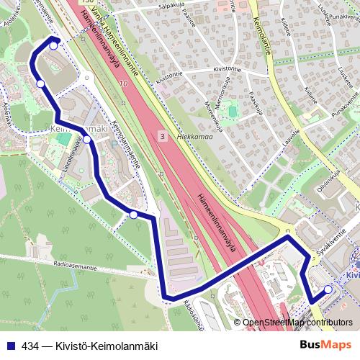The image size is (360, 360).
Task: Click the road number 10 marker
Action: [124, 84]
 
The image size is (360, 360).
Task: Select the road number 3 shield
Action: [163, 136]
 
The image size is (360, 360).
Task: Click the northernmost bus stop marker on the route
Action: [53, 45]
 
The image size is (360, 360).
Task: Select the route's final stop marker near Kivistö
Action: [328, 289]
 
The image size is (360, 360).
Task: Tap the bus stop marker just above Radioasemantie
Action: [133, 214]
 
